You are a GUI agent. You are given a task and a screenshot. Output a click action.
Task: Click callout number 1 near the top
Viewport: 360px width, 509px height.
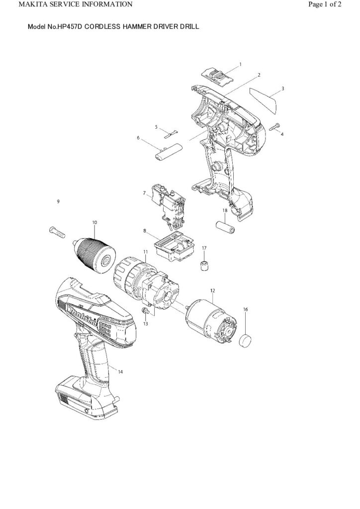pos(241,64)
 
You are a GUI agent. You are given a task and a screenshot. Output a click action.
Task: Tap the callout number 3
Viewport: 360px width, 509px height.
pos(282,88)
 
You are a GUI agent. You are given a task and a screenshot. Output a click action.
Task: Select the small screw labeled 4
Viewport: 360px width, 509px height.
pos(275,127)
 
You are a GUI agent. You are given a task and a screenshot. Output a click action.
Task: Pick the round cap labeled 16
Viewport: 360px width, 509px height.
pos(246,341)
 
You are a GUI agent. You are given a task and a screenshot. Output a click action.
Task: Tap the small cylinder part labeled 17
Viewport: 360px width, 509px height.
pos(203,265)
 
